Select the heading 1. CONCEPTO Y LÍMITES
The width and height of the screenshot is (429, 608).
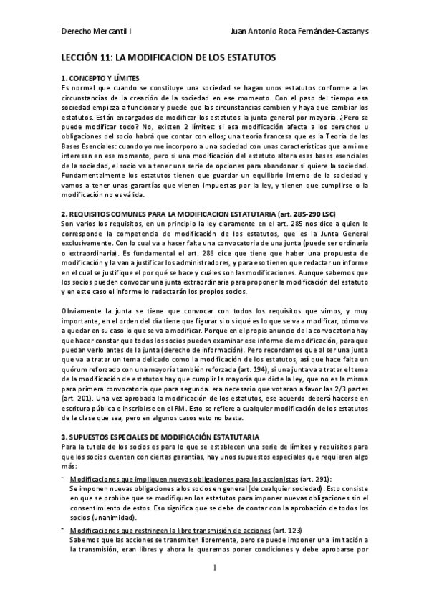pos(100,77)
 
